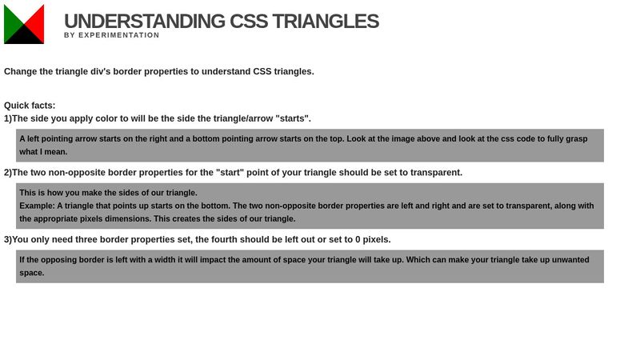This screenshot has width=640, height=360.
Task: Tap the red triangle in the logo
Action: pyautogui.click(x=37, y=23)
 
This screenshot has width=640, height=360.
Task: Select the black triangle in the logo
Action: pyautogui.click(x=24, y=37)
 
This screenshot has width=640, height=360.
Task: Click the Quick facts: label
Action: pyautogui.click(x=30, y=106)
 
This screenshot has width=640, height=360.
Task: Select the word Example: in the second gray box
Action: pyautogui.click(x=37, y=206)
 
